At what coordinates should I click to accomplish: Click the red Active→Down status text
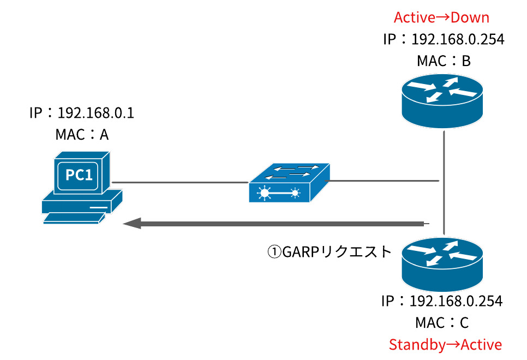tap(441, 17)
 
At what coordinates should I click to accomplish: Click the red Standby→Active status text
tap(445, 345)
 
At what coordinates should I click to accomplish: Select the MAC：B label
tap(443, 61)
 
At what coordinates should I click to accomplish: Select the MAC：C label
tap(441, 323)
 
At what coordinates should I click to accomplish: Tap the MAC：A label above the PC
tap(82, 134)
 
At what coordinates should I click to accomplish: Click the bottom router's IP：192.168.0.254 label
tap(441, 301)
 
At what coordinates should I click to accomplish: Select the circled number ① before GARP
tap(273, 251)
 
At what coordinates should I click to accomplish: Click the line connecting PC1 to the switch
tap(180, 182)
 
